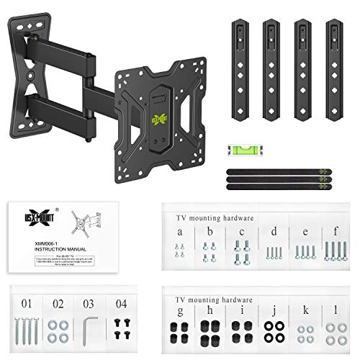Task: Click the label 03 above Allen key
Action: tap(88, 303)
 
